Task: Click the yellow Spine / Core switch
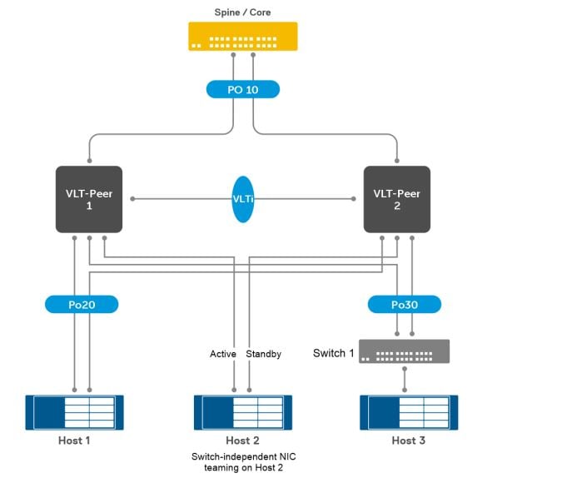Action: [x=242, y=37]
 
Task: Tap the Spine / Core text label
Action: [x=242, y=12]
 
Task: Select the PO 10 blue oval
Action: [x=242, y=89]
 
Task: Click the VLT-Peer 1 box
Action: [x=89, y=199]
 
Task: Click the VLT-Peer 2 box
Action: [x=397, y=199]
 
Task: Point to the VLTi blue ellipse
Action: [x=242, y=199]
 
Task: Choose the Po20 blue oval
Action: [x=82, y=305]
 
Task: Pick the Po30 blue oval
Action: [x=404, y=305]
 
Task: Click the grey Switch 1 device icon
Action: [x=404, y=351]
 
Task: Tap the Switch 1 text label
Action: [x=334, y=353]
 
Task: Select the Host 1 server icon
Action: [x=74, y=411]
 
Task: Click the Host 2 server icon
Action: [x=242, y=411]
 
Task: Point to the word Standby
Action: [x=264, y=354]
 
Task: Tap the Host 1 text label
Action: [x=74, y=440]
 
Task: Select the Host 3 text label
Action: [x=408, y=440]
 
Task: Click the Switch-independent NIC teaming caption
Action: [x=242, y=461]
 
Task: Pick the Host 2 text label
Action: [x=242, y=440]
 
